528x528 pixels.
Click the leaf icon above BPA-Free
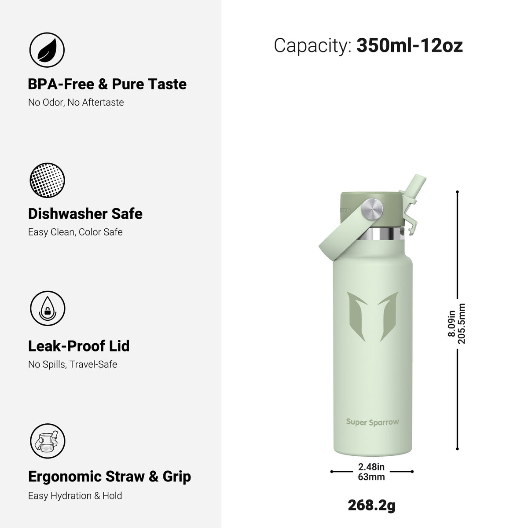tap(47, 50)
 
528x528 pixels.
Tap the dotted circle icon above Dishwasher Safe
tap(47, 180)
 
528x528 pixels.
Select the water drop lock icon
tap(48, 308)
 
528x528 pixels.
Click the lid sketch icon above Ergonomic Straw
tap(48, 441)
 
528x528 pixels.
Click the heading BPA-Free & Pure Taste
tap(107, 84)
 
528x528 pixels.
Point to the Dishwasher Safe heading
tap(85, 214)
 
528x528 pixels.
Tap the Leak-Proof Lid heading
tap(79, 346)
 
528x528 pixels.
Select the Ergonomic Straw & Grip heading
tap(110, 477)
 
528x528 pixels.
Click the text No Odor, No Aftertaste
tap(76, 103)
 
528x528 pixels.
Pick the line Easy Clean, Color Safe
tap(75, 232)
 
